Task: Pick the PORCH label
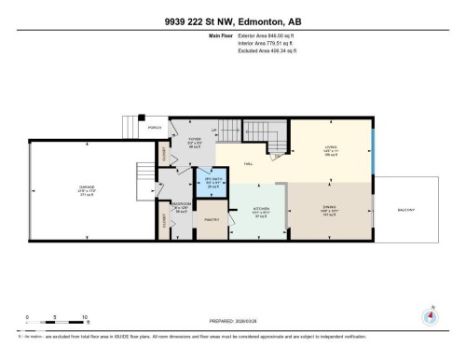coord(155,128)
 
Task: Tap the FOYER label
coord(196,142)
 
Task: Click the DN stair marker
coord(279,156)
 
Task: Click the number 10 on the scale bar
coord(85,317)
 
